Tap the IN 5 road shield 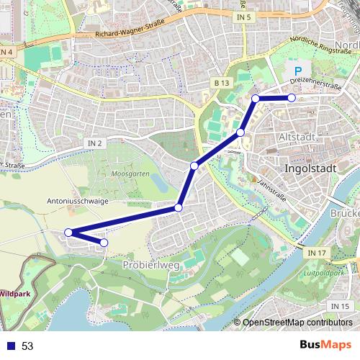tap(243, 16)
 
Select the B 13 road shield tap(221, 84)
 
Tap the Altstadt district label tap(297, 137)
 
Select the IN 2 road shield tap(95, 143)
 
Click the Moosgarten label tap(130, 175)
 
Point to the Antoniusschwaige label tap(76, 202)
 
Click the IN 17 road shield tap(316, 253)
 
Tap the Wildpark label tap(15, 294)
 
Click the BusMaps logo tap(326, 345)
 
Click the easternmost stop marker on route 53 tap(292, 97)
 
